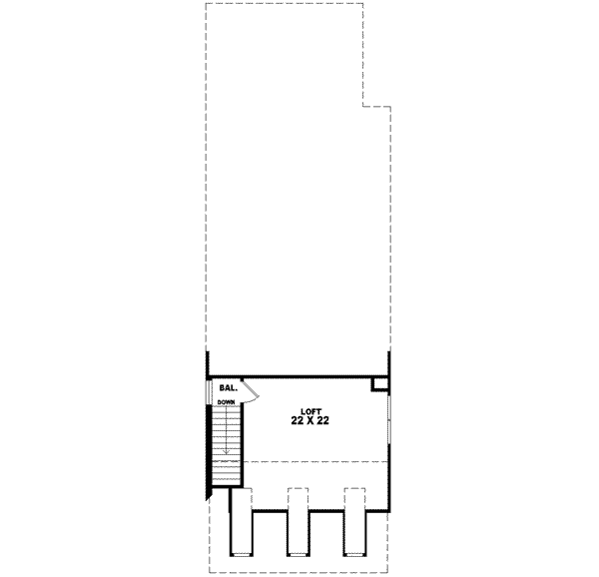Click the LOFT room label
312,410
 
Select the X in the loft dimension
312,422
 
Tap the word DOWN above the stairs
226,401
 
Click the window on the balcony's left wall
209,389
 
